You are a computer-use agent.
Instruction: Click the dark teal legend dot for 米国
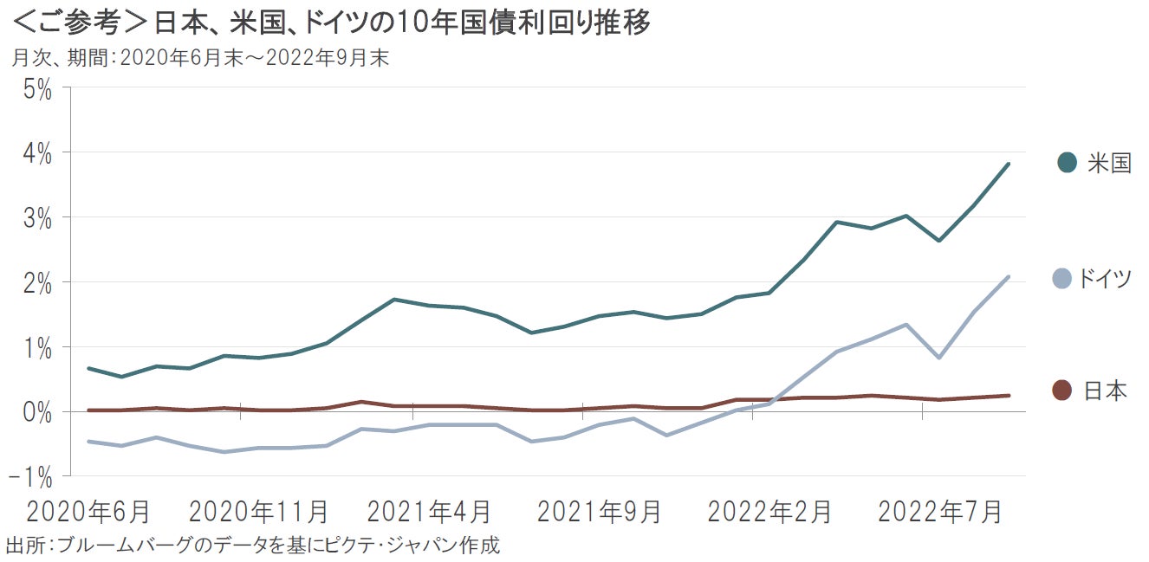(x=1067, y=162)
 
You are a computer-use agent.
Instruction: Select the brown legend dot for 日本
(x=1061, y=391)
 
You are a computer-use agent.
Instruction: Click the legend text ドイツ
(x=1104, y=279)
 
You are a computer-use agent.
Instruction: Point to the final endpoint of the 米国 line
(x=1008, y=164)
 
